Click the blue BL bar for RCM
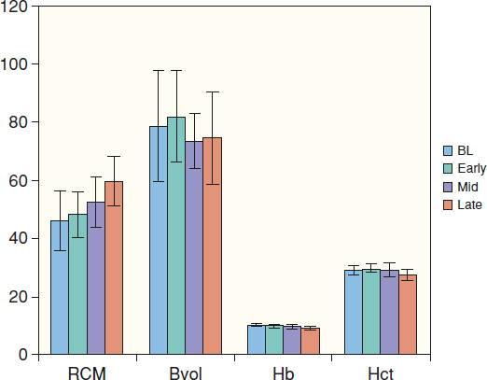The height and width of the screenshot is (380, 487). [x=60, y=288]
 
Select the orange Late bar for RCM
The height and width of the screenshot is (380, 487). [x=114, y=268]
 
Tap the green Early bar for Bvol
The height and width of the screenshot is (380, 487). [x=176, y=235]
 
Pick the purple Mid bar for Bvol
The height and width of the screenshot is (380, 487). [x=194, y=247]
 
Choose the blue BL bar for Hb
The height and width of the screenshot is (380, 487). [x=257, y=340]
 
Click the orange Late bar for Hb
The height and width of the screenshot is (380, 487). [x=311, y=341]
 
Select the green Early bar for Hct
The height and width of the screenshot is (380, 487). [x=371, y=312]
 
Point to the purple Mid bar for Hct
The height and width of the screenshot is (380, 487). [x=389, y=312]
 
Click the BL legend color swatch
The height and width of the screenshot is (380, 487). [x=448, y=151]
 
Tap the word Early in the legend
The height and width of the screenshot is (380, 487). [x=471, y=168]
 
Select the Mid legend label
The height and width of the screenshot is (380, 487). [x=467, y=187]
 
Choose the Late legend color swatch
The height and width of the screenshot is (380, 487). [x=448, y=205]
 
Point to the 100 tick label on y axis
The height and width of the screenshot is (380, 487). [x=14, y=64]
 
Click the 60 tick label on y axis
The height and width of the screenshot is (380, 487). [x=19, y=181]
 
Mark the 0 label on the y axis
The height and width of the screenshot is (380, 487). [x=23, y=355]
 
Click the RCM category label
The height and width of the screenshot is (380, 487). [x=87, y=373]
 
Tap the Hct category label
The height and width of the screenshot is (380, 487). [x=381, y=373]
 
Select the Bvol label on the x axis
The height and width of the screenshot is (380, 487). [x=186, y=373]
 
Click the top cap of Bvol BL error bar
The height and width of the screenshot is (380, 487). [x=159, y=71]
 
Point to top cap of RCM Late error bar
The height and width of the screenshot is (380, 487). [x=114, y=156]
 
